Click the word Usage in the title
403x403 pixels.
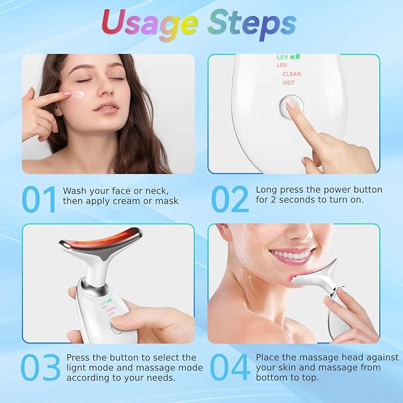click(x=149, y=23)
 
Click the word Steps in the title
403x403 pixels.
click(x=252, y=23)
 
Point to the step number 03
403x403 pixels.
click(x=41, y=368)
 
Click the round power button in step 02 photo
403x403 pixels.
click(x=289, y=106)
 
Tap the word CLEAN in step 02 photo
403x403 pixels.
click(x=291, y=74)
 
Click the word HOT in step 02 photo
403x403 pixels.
click(x=288, y=83)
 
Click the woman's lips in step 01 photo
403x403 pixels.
click(x=106, y=107)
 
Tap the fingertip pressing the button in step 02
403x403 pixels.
click(x=291, y=104)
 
